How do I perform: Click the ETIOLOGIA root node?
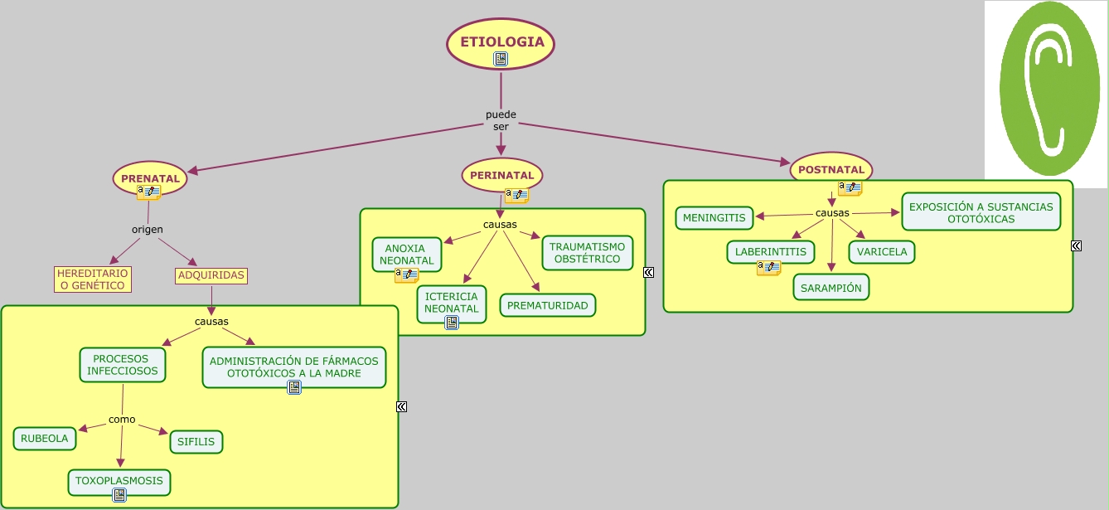coord(501,41)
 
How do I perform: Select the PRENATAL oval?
coord(150,178)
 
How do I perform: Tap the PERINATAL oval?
coord(501,175)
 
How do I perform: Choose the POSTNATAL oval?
coord(831,169)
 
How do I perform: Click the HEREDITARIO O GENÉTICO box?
coord(93,279)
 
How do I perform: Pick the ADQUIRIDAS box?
coord(211,275)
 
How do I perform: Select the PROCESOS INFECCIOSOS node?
coord(123,365)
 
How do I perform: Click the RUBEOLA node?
coord(45,439)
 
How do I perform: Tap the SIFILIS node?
coord(196,442)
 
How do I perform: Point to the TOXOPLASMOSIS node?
coord(119,481)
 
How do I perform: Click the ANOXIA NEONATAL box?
coord(407,255)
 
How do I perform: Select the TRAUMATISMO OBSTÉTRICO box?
coord(587,253)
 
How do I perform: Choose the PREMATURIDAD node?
coord(547,305)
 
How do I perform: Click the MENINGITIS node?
coord(714,218)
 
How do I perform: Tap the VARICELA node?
coord(882,251)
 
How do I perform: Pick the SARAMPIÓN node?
coord(831,287)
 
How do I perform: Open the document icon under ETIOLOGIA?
coord(501,59)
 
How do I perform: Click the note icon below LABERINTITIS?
coord(768,268)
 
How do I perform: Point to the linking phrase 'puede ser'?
coord(501,120)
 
